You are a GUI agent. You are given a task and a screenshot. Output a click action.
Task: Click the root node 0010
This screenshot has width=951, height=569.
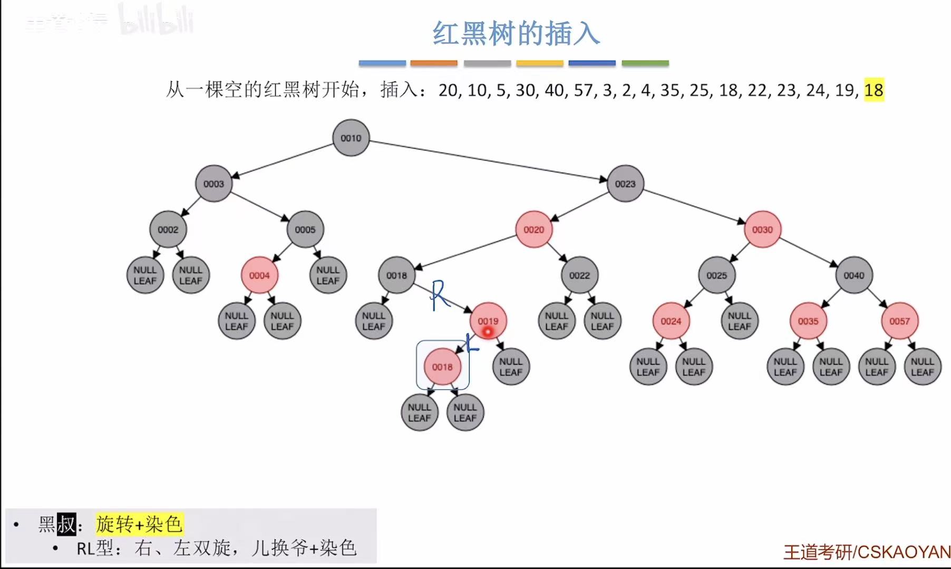coord(351,138)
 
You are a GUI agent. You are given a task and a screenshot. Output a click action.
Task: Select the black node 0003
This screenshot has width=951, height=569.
coord(214,184)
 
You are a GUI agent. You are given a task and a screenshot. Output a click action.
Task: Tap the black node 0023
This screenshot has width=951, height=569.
coord(625,184)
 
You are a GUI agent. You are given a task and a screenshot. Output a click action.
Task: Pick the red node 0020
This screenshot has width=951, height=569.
coord(533,230)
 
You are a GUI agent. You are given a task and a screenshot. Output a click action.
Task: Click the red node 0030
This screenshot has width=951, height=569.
coord(762,230)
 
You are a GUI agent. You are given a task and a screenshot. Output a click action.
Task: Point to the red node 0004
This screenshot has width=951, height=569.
coord(259,275)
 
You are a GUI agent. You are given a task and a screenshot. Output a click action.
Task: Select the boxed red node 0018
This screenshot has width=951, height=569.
coord(442,367)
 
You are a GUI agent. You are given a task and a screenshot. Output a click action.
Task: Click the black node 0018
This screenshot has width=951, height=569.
coord(396,275)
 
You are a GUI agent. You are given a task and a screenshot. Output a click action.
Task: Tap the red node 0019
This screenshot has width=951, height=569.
coord(488,321)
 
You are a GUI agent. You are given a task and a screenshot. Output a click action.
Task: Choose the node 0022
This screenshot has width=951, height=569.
coord(579,275)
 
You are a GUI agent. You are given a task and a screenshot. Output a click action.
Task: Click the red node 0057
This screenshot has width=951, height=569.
coord(899,321)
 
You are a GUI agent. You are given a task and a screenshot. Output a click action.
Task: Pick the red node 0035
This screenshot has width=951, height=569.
coord(808,321)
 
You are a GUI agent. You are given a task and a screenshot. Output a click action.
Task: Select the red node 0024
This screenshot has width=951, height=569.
coord(671,321)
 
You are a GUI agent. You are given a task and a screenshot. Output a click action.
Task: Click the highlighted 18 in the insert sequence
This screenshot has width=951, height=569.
coord(874,90)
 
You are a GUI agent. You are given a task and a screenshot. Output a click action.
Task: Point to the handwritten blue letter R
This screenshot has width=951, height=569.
coord(440,295)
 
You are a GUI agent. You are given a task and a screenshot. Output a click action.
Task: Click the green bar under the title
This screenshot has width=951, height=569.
coord(645,63)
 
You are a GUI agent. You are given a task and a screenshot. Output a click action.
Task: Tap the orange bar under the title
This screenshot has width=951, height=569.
coord(434,63)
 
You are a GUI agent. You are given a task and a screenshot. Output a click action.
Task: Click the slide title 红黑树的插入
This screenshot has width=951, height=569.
coord(516,34)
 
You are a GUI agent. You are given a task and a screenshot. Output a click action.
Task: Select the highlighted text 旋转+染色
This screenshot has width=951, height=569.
coord(139,524)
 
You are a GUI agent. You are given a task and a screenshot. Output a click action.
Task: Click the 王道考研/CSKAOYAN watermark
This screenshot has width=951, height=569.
coord(867,552)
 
